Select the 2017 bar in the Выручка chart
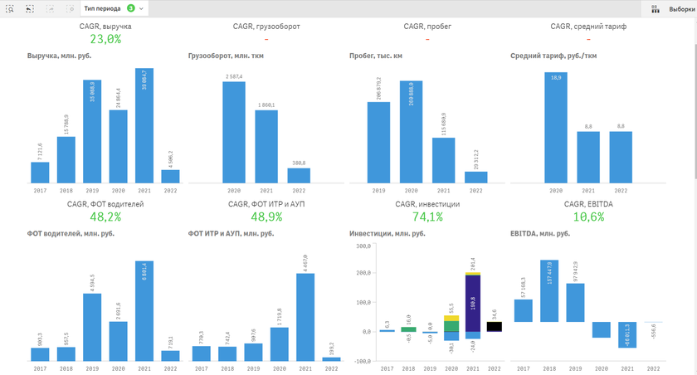(x=40, y=172)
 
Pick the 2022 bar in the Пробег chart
(x=476, y=177)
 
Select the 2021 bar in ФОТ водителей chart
(x=145, y=311)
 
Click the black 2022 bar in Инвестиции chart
(x=495, y=327)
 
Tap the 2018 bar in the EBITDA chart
(x=549, y=291)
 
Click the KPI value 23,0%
(x=105, y=39)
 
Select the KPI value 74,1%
(x=427, y=217)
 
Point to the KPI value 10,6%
(x=588, y=217)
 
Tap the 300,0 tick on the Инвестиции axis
(x=361, y=246)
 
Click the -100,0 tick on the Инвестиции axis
(x=359, y=361)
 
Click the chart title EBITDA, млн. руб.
(x=540, y=233)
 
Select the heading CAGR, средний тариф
(x=588, y=27)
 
